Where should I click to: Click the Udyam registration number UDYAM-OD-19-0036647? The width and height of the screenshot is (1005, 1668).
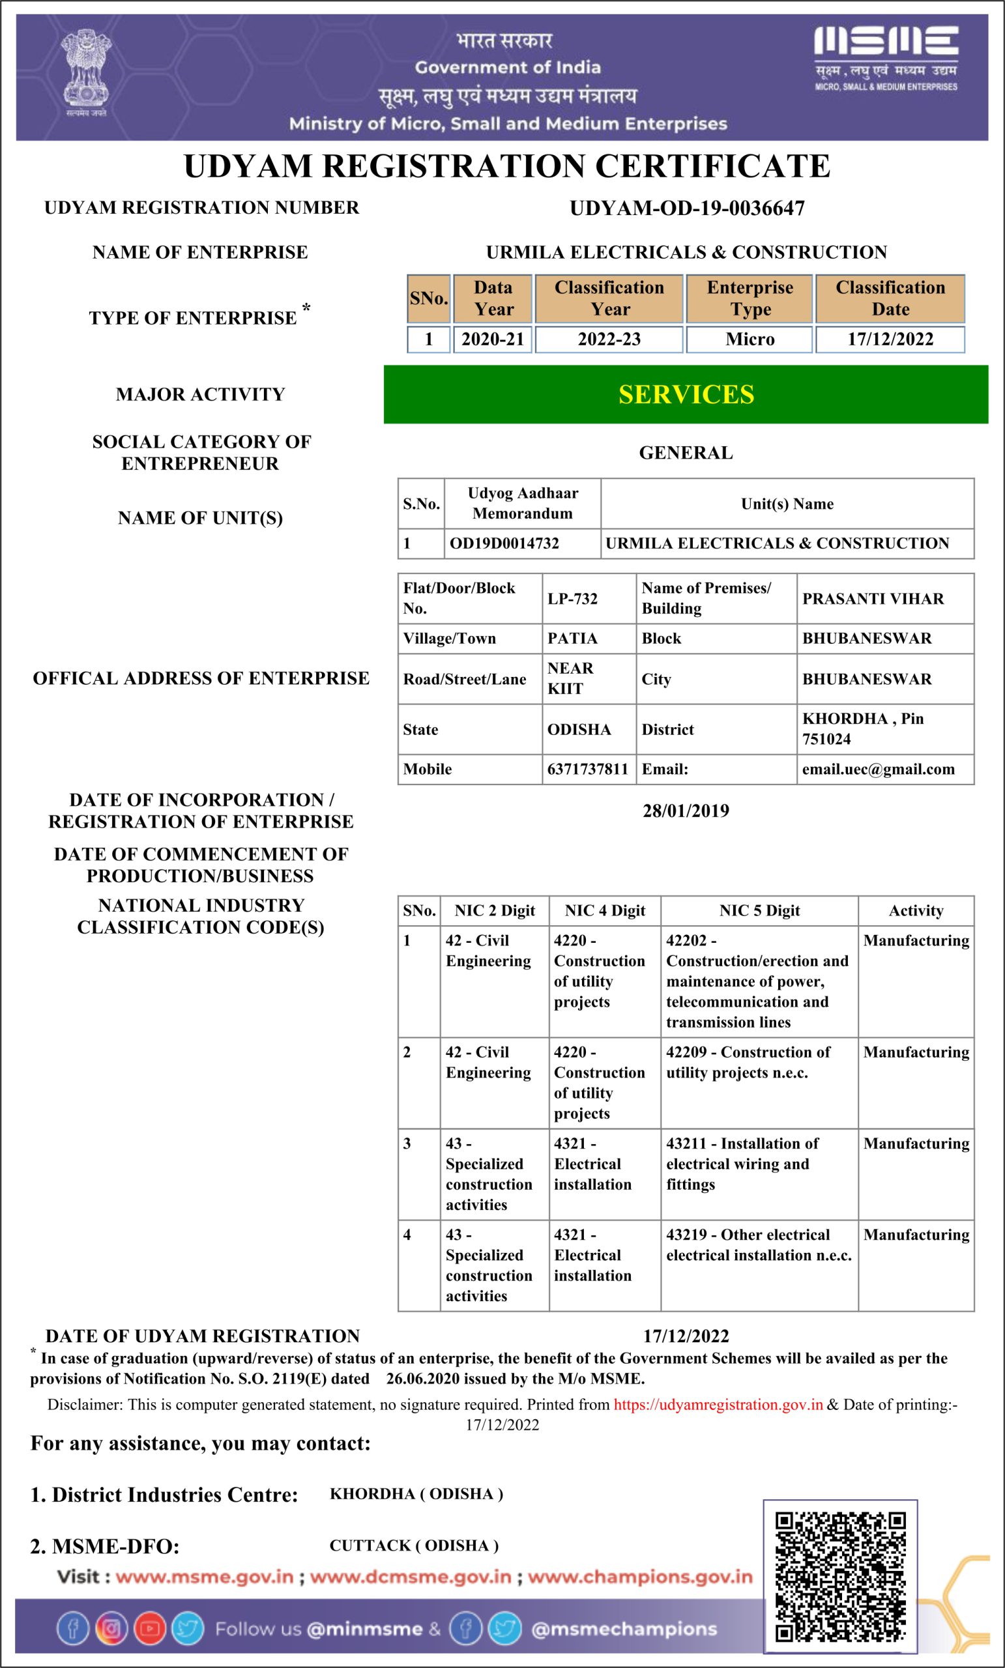[x=687, y=208]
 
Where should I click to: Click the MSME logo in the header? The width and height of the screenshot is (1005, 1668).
[x=886, y=57]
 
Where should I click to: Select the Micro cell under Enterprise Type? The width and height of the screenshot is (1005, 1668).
[x=749, y=339]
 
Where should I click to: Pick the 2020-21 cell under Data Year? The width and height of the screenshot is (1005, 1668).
[x=492, y=339]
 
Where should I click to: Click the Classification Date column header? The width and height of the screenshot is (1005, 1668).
[x=890, y=298]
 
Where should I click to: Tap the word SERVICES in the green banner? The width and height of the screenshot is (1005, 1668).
[x=686, y=395]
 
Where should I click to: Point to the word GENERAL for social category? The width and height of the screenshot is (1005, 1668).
[x=686, y=453]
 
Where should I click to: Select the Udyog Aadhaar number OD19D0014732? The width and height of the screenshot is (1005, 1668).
[x=504, y=543]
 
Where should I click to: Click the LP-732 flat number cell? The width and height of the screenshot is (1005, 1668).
[x=573, y=598]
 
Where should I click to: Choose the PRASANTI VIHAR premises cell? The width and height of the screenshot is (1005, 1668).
[x=873, y=598]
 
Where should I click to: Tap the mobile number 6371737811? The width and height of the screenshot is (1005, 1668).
[x=588, y=769]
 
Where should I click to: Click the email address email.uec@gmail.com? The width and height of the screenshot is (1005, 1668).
[x=879, y=769]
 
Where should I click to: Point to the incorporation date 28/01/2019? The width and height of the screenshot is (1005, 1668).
[x=686, y=811]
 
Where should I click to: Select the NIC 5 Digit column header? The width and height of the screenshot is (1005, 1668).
[x=759, y=910]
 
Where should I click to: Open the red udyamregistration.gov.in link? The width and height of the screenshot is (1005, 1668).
[x=718, y=1405]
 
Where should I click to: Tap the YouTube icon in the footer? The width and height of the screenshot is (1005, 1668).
[x=150, y=1630]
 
